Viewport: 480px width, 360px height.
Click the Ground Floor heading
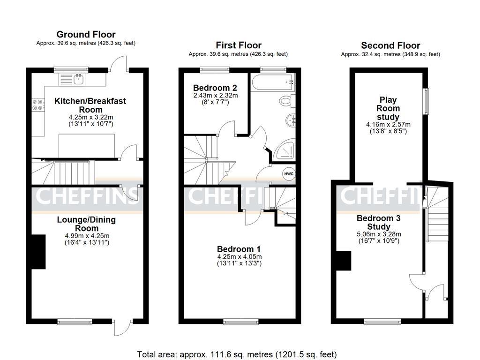[86, 34]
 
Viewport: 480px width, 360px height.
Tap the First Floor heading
[238, 45]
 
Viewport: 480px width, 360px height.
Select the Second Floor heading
[390, 45]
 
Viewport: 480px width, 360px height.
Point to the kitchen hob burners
[37, 105]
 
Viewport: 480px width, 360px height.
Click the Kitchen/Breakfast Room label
[90, 105]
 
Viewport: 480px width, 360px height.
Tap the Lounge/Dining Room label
[86, 224]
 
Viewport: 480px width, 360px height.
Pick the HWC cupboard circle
[288, 174]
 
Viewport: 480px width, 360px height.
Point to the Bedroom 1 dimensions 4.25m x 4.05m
[239, 257]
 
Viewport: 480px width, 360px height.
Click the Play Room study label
[388, 108]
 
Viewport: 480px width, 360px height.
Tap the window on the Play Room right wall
[426, 101]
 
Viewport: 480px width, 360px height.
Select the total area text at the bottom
[237, 354]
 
